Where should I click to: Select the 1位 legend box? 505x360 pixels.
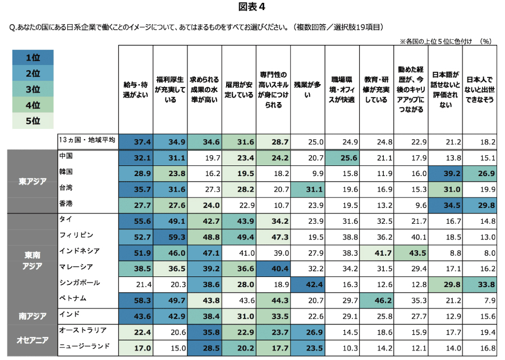(x=33, y=58)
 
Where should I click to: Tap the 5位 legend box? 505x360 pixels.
(x=33, y=121)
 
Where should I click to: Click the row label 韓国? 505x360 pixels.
(x=67, y=170)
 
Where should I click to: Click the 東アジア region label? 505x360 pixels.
(x=31, y=181)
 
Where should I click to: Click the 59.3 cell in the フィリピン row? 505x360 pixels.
(x=169, y=237)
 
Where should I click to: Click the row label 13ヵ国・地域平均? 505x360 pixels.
(x=86, y=140)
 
